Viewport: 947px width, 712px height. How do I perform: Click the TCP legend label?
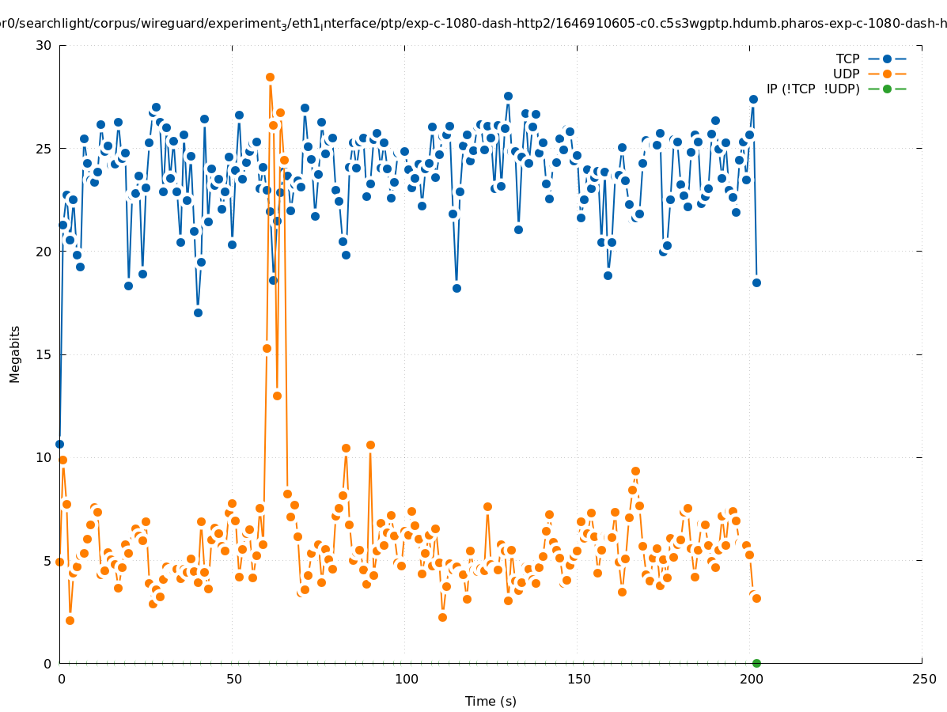[847, 59]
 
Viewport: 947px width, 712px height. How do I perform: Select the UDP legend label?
[846, 74]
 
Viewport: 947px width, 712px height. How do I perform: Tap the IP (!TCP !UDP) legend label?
[813, 89]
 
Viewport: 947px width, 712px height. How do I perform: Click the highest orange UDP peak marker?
[270, 77]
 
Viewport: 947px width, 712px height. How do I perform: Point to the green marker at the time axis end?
[756, 663]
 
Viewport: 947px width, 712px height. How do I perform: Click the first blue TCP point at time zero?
[59, 444]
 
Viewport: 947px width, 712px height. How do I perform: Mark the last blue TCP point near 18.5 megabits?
[756, 282]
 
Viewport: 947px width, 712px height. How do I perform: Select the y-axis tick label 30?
[44, 45]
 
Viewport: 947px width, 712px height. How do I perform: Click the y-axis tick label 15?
[44, 354]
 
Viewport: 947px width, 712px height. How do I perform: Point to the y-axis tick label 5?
[47, 560]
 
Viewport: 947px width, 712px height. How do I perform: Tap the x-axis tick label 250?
[922, 679]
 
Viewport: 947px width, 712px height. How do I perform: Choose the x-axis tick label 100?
[405, 679]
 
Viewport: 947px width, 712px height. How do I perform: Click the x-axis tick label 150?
[578, 679]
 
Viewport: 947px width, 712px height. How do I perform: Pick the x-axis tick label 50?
[233, 679]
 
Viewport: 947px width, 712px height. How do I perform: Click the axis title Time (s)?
[491, 701]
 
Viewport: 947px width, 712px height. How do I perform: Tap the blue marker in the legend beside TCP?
[887, 59]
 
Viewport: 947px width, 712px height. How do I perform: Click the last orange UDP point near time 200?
[756, 598]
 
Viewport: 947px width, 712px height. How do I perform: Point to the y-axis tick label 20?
[44, 252]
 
